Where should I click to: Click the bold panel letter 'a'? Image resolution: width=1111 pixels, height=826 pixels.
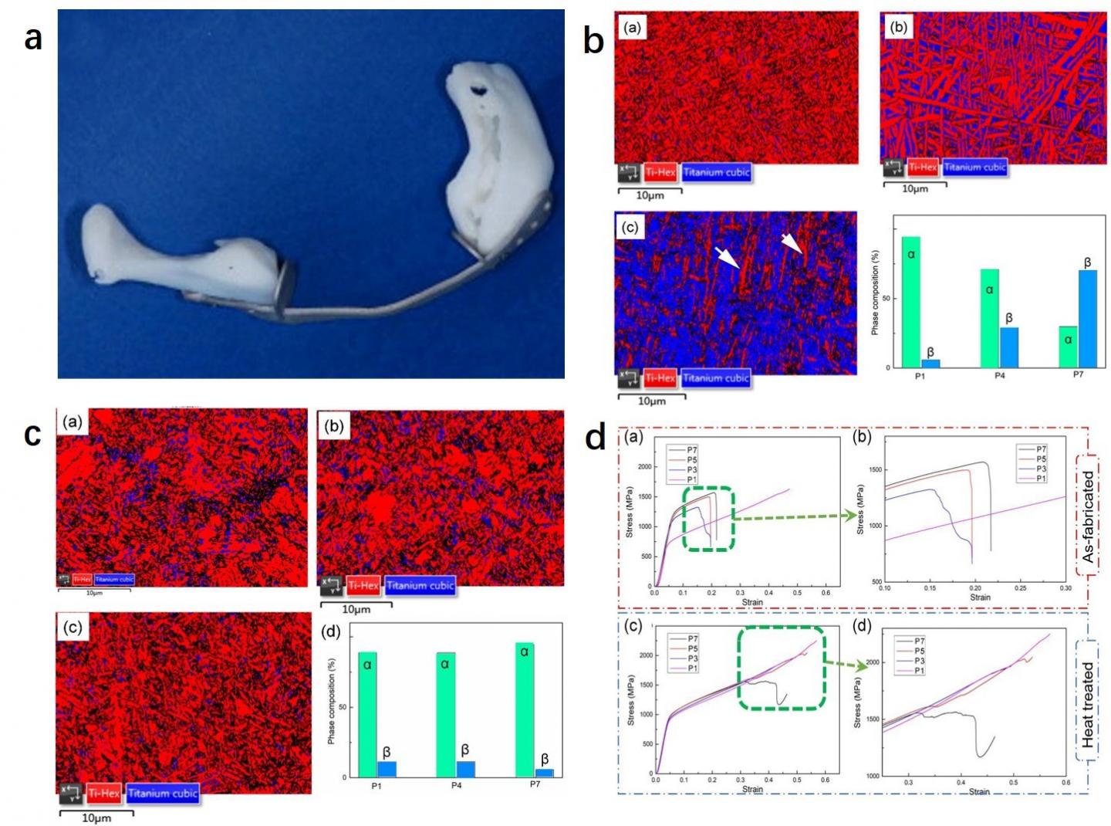pyautogui.click(x=32, y=38)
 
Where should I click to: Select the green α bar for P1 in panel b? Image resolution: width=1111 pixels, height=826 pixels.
pyautogui.click(x=910, y=302)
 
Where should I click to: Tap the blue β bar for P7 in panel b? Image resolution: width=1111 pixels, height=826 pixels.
pyautogui.click(x=1087, y=318)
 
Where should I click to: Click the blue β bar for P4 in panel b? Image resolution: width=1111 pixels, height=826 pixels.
pyautogui.click(x=1009, y=347)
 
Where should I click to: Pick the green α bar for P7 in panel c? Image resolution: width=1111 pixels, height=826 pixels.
pyautogui.click(x=525, y=709)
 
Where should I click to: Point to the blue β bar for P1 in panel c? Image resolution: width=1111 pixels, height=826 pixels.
pyautogui.click(x=387, y=768)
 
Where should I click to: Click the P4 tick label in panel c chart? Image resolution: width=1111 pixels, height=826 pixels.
pyautogui.click(x=457, y=785)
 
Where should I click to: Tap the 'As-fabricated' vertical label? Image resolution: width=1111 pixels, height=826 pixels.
pyautogui.click(x=1088, y=516)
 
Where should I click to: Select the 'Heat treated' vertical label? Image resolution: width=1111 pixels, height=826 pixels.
pyautogui.click(x=1088, y=704)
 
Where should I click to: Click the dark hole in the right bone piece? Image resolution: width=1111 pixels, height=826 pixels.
pyautogui.click(x=478, y=90)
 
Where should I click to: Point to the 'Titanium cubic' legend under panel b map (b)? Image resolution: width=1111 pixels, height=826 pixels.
pyautogui.click(x=974, y=167)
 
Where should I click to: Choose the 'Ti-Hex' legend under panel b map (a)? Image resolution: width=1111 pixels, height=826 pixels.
pyautogui.click(x=660, y=172)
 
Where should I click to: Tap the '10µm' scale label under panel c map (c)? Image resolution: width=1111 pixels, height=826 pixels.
pyautogui.click(x=96, y=818)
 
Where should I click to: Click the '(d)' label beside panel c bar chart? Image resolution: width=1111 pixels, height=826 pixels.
pyautogui.click(x=330, y=633)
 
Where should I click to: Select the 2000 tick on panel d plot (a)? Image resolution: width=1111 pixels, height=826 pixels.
pyautogui.click(x=644, y=467)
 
